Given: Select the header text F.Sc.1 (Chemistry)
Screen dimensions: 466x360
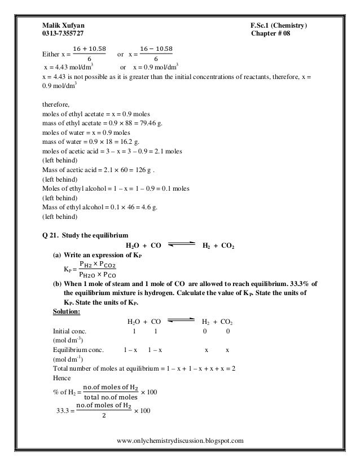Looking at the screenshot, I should click(279, 25).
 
